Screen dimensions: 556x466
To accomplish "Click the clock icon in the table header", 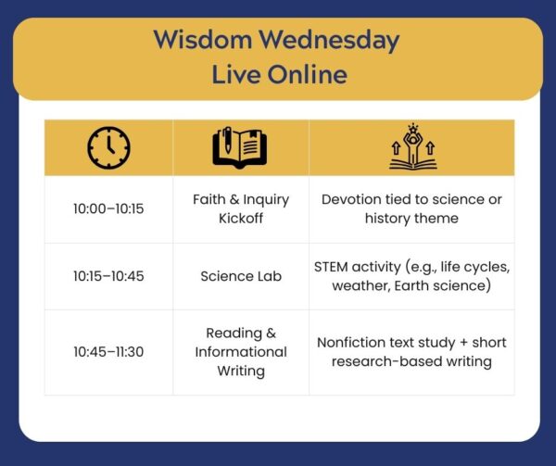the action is tap(108, 147).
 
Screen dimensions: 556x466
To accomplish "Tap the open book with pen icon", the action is tap(240, 147).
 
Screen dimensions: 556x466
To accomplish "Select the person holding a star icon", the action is tap(412, 146).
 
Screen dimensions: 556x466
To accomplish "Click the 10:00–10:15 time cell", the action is tap(108, 208).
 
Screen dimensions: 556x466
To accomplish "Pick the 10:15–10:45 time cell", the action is tap(108, 276).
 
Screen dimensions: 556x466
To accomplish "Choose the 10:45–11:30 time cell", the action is tap(108, 352).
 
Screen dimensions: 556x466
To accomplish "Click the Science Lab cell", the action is tap(241, 276).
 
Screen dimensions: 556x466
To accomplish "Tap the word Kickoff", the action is tap(241, 219).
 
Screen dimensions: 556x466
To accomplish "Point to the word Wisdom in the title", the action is tap(203, 39).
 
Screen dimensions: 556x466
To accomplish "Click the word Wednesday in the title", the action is tap(329, 41).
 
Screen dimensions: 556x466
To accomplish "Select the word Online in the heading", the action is tap(308, 75).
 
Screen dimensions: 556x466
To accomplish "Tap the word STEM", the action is tap(331, 267).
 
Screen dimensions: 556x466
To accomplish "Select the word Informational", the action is tap(241, 352).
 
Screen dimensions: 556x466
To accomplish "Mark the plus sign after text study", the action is tap(463, 343).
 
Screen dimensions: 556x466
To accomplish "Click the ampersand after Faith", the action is tap(234, 199).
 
